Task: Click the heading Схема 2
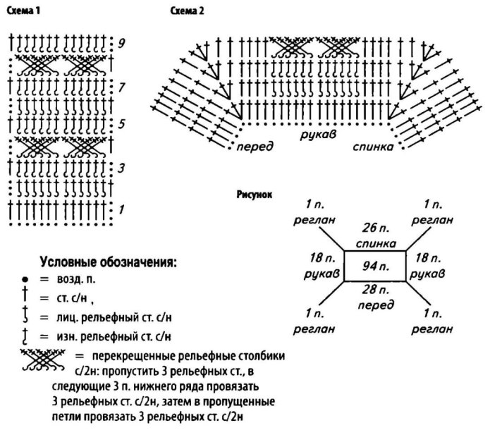click(186, 11)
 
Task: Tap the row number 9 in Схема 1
click(122, 43)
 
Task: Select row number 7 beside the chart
click(122, 88)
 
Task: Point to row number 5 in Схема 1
click(121, 124)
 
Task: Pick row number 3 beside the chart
click(121, 169)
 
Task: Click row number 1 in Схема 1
click(121, 209)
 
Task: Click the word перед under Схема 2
click(255, 148)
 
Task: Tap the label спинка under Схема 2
click(373, 148)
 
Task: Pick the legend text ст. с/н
click(72, 297)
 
